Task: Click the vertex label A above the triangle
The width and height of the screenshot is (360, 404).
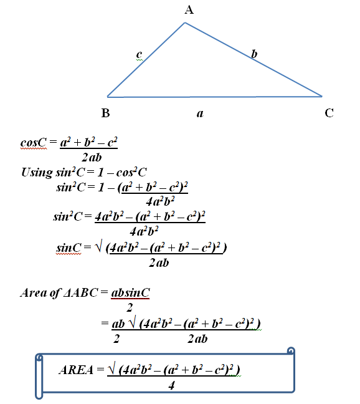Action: [189, 10]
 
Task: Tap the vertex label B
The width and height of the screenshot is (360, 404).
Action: [105, 113]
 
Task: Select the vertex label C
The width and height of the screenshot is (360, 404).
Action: [329, 113]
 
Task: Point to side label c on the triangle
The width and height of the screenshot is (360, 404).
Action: [139, 54]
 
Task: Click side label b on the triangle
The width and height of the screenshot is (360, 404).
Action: [254, 54]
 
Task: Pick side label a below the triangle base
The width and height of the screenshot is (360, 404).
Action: [200, 113]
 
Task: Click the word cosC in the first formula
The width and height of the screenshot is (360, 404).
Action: [34, 142]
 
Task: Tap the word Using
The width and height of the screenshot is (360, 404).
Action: [37, 172]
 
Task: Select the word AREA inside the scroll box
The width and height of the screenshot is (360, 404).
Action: [76, 370]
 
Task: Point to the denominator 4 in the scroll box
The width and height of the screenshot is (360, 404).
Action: [172, 386]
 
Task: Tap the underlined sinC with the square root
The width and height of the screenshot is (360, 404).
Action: [69, 248]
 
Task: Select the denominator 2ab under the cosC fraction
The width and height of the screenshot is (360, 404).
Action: [92, 157]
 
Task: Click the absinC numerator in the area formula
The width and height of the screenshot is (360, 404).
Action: [130, 292]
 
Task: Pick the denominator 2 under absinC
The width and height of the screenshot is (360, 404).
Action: [130, 307]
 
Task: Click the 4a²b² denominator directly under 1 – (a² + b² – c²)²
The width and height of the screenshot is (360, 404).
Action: [160, 201]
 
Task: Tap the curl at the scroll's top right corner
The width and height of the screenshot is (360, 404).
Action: [291, 350]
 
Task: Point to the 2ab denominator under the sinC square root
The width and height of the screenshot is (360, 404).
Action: [159, 263]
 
